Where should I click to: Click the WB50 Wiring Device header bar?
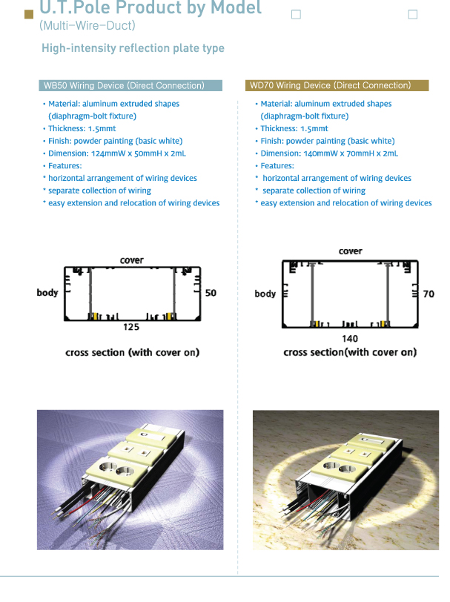pyautogui.click(x=130, y=86)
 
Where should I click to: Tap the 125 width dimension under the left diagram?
pyautogui.click(x=130, y=327)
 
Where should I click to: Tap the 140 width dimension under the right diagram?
pyautogui.click(x=350, y=338)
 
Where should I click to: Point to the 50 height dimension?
pyautogui.click(x=211, y=293)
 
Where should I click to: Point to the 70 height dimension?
pyautogui.click(x=429, y=294)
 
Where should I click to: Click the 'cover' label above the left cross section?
pyautogui.click(x=132, y=260)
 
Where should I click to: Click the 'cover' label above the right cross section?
pyautogui.click(x=351, y=251)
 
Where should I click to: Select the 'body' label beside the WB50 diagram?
pyautogui.click(x=47, y=293)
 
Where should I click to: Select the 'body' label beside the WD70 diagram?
pyautogui.click(x=265, y=294)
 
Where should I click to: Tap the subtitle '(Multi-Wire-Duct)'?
pyautogui.click(x=87, y=26)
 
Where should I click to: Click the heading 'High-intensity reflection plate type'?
pyautogui.click(x=133, y=49)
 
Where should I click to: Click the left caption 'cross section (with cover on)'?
pyautogui.click(x=132, y=352)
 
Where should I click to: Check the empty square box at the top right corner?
pyautogui.click(x=413, y=14)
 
